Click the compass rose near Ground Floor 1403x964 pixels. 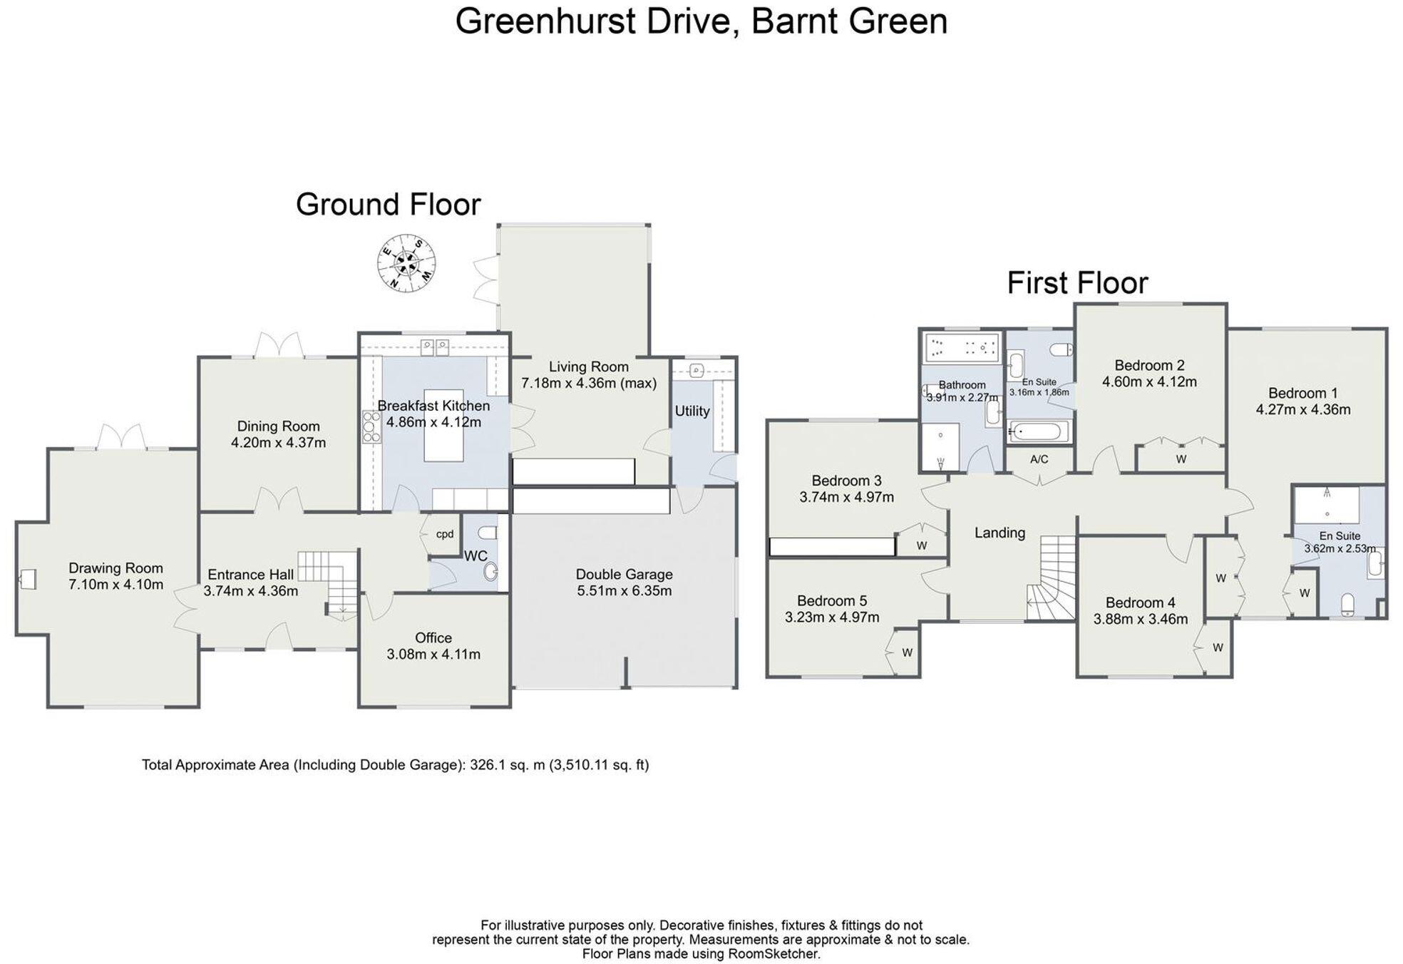coord(406,263)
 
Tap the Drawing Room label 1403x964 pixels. coord(115,568)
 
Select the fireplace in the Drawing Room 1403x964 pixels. coord(28,579)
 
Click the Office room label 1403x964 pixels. coord(433,638)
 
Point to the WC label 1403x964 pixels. coord(476,556)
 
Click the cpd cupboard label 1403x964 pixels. coord(445,534)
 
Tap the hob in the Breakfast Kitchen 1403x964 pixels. coord(371,426)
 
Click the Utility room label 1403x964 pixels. coord(692,411)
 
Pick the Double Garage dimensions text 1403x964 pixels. coord(624,591)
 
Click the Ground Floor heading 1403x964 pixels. coord(388,205)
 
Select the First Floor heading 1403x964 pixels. coord(1076,283)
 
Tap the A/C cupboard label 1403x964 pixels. coord(1039,459)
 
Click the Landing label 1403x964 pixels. coord(999,533)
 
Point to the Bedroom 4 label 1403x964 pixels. coord(1140,602)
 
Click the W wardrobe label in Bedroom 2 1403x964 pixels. coord(1181,459)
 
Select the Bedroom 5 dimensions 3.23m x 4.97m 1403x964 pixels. coord(832,617)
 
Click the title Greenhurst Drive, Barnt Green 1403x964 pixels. coord(701,21)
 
